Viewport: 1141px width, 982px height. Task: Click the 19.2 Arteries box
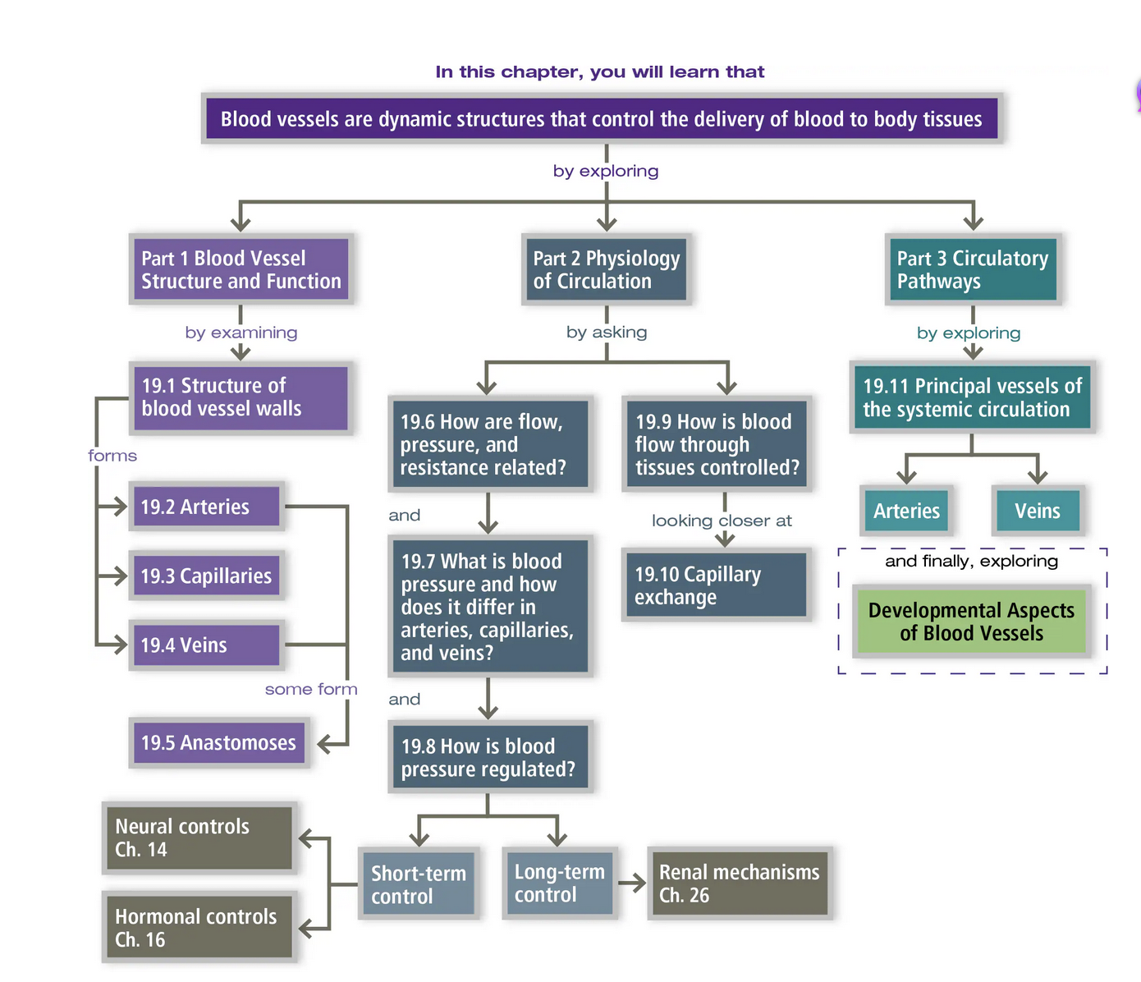coord(206,507)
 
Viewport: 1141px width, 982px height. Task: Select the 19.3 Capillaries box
coord(206,576)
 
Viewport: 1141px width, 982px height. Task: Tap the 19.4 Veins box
coord(206,645)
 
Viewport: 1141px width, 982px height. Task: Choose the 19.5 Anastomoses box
coord(218,743)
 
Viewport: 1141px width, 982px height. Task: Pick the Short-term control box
coord(419,884)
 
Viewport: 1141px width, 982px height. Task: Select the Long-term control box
coord(560,883)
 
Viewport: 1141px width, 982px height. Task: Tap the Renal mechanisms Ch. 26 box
coord(740,883)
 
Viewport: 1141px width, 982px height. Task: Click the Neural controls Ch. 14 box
coord(199,837)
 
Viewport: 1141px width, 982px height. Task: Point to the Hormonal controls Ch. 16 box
coord(199,928)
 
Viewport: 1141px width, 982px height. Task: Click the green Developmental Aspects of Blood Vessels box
coord(971,622)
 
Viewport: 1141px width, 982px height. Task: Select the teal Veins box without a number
coord(1038,511)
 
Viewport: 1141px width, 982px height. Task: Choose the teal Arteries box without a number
coord(906,511)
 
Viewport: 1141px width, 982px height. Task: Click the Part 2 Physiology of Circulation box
coord(607,269)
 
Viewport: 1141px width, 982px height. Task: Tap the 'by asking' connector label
coord(607,332)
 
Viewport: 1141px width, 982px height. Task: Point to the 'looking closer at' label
coord(722,521)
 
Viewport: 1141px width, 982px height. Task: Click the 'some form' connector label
coord(311,690)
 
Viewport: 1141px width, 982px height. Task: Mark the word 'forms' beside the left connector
coord(112,456)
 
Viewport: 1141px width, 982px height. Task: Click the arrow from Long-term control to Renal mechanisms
coord(632,883)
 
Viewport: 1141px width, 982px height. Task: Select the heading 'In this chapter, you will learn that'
coord(599,72)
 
